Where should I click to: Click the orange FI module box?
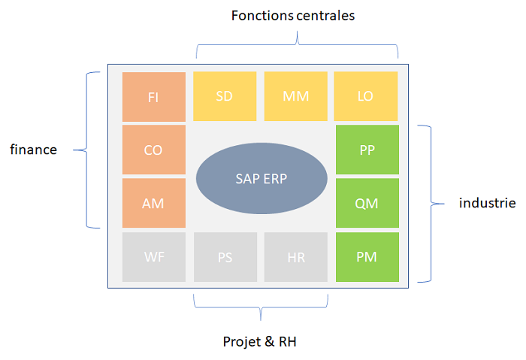[153, 97]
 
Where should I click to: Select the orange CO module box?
[153, 150]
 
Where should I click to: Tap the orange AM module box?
[153, 203]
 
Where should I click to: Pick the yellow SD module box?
[225, 96]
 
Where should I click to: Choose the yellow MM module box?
[296, 96]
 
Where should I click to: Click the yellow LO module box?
[366, 96]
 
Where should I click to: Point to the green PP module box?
[367, 150]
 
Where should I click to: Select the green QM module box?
[367, 203]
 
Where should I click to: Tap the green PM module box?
[367, 257]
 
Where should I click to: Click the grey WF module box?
[153, 257]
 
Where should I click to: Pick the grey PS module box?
[225, 257]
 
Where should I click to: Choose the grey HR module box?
[296, 257]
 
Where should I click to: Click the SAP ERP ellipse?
[261, 178]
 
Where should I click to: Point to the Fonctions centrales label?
[293, 16]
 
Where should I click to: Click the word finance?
[34, 150]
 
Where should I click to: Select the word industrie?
[488, 203]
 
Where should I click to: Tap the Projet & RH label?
[260, 341]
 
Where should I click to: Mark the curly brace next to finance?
[87, 150]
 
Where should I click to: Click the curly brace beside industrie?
[431, 204]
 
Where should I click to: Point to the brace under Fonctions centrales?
[298, 44]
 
